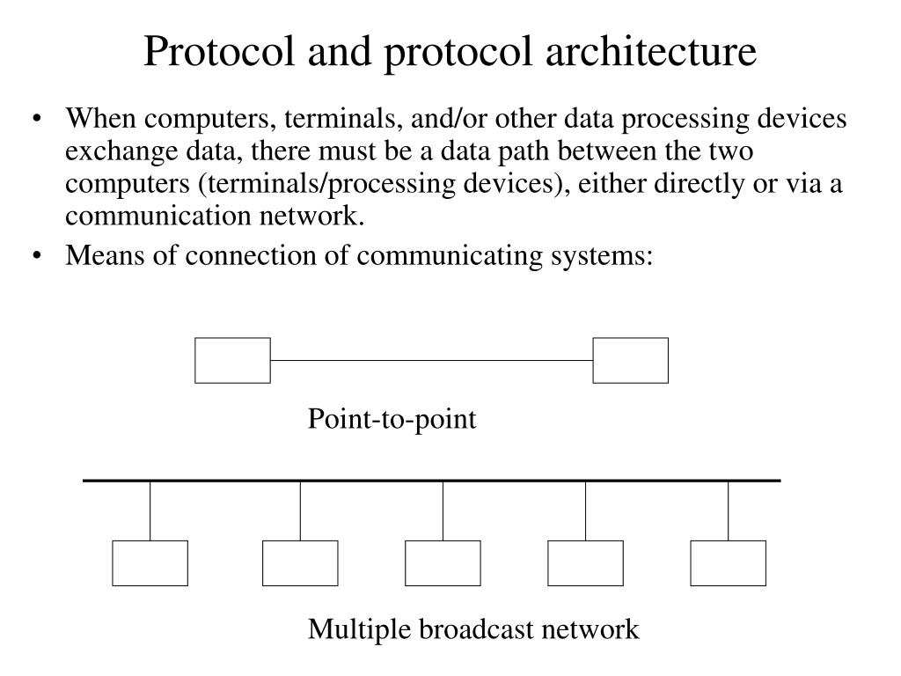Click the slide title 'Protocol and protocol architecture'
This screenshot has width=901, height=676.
450,51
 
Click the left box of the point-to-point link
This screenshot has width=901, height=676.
232,361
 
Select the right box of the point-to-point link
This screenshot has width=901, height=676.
630,361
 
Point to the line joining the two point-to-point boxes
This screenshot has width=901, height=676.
431,360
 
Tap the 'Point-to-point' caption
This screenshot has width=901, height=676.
392,420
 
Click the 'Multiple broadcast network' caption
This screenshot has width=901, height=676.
473,629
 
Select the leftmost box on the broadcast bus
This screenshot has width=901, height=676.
150,563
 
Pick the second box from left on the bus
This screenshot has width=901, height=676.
300,563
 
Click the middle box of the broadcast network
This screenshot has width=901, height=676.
443,563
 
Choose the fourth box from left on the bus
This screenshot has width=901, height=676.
585,563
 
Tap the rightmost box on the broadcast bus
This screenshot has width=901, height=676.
728,563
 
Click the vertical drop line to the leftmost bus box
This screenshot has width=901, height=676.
150,511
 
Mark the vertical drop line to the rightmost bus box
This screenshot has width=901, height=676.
729,511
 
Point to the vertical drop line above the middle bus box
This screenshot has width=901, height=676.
443,511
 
